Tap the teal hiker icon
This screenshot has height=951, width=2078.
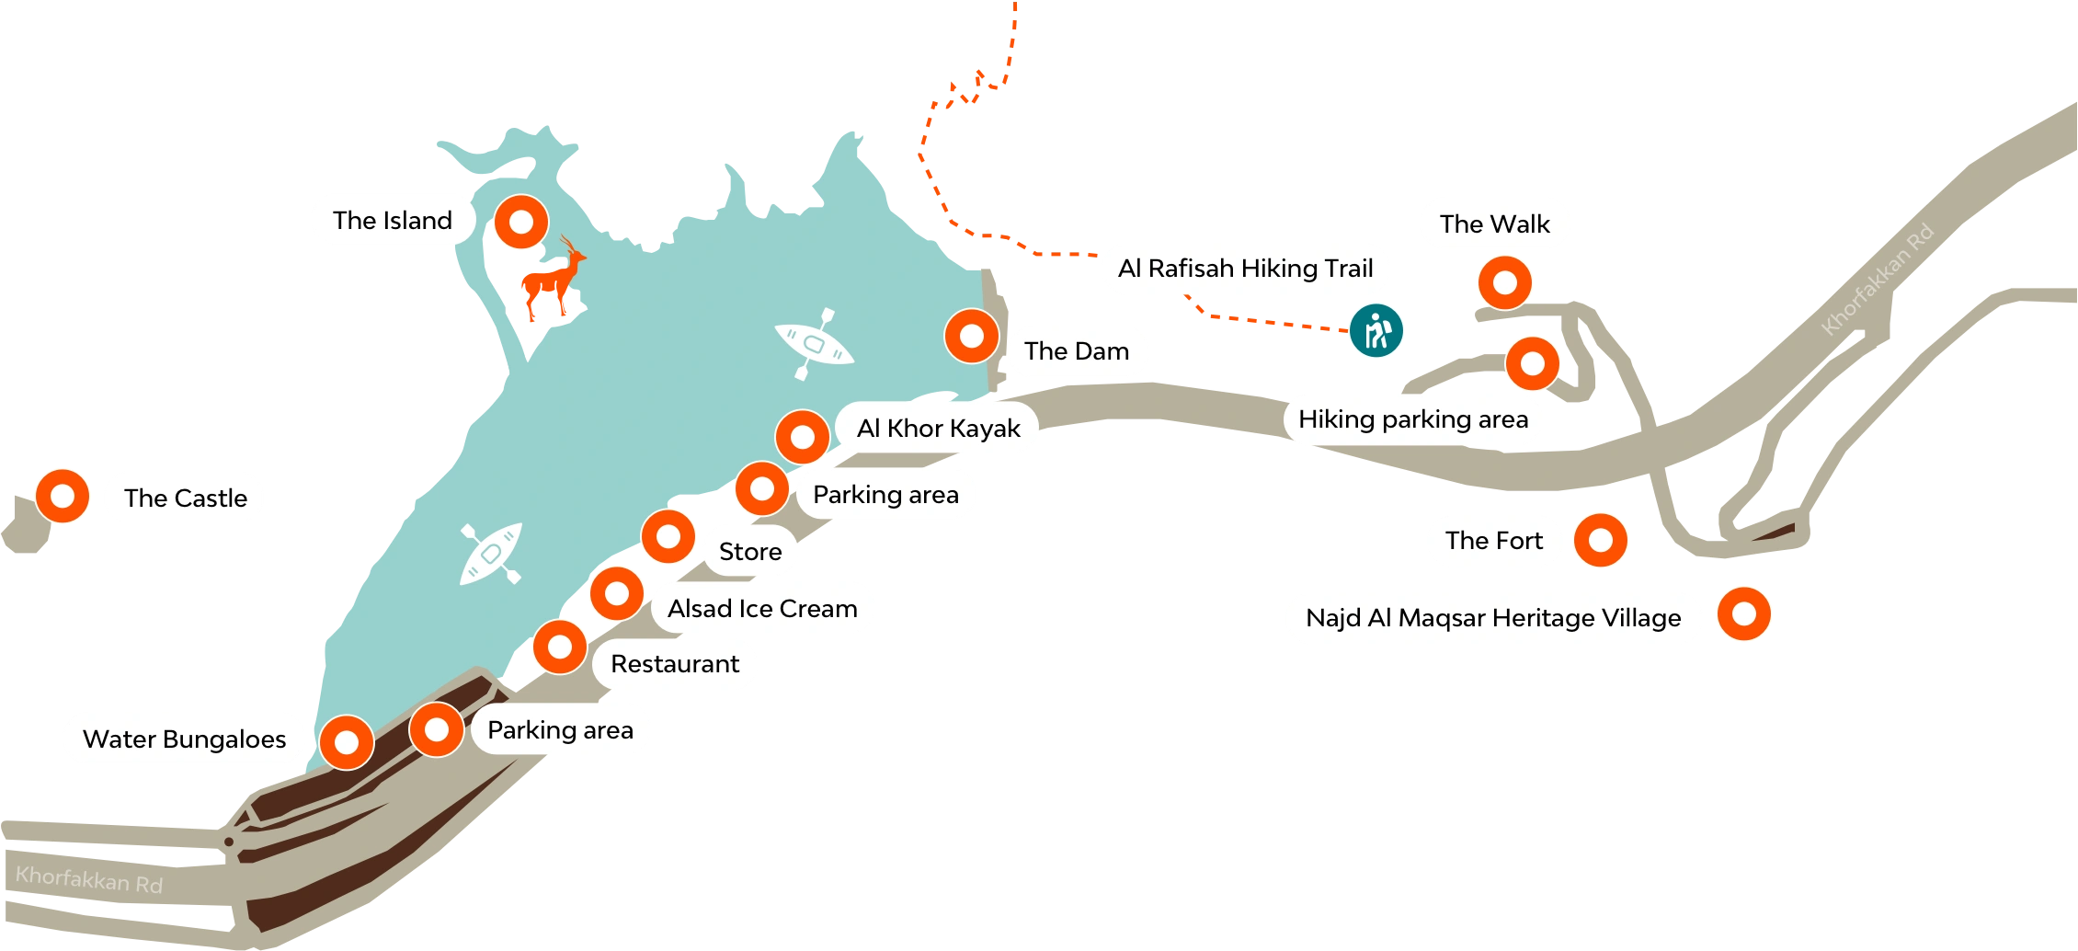pyautogui.click(x=1376, y=330)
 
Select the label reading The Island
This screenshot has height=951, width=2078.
pyautogui.click(x=393, y=220)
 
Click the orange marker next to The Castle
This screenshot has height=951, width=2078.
pyautogui.click(x=63, y=496)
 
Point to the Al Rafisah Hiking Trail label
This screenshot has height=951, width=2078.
pyautogui.click(x=1245, y=269)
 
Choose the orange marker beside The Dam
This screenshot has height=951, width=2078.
pyautogui.click(x=971, y=336)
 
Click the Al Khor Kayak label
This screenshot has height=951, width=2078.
pyautogui.click(x=938, y=428)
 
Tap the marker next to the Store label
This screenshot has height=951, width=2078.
pyautogui.click(x=668, y=536)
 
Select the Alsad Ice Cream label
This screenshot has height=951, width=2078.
pyautogui.click(x=762, y=608)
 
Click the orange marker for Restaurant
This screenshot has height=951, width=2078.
pyautogui.click(x=560, y=647)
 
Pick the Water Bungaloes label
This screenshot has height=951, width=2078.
pyautogui.click(x=184, y=739)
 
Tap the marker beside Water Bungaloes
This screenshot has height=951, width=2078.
pyautogui.click(x=347, y=742)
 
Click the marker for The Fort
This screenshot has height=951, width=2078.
pyautogui.click(x=1600, y=540)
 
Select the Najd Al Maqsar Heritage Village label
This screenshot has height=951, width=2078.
pyautogui.click(x=1493, y=618)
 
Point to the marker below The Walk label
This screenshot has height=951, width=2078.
pyautogui.click(x=1504, y=282)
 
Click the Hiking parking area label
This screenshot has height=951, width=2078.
pyautogui.click(x=1413, y=419)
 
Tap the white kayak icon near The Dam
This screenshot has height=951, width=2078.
pyautogui.click(x=814, y=344)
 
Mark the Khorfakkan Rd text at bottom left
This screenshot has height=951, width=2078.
pyautogui.click(x=89, y=880)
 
